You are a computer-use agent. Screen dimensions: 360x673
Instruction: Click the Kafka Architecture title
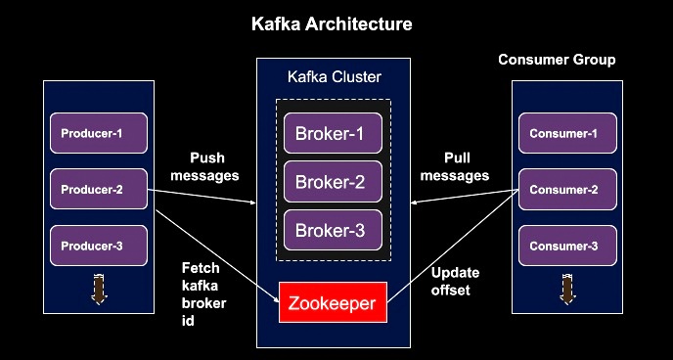[331, 22]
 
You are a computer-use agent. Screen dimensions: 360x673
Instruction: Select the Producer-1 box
[99, 133]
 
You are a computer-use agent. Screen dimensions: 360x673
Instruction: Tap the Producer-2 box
[99, 189]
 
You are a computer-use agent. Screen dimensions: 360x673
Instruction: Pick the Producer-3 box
[99, 246]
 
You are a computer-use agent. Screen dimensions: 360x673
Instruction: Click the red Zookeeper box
[334, 303]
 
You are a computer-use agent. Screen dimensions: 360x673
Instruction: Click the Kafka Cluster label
[334, 76]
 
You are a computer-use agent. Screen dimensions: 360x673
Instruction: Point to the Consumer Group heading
[557, 60]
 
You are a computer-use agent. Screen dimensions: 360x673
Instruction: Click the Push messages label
[203, 167]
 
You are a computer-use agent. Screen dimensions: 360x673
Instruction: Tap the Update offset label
[451, 283]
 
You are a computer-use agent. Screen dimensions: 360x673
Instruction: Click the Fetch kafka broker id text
[204, 293]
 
